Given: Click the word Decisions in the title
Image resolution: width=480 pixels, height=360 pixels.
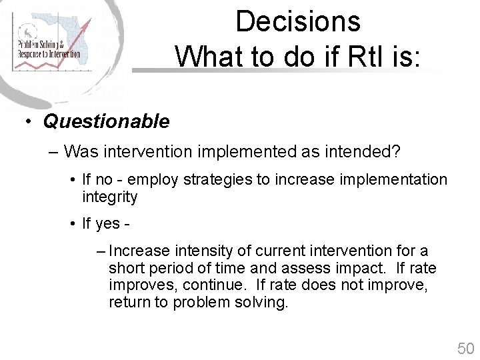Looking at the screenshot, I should coord(298,21).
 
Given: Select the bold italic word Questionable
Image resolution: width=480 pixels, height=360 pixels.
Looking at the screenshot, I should coord(106,121).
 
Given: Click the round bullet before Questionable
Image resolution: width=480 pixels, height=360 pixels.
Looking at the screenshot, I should coord(29,122).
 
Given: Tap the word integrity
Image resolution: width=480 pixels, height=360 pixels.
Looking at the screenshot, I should coord(109,197).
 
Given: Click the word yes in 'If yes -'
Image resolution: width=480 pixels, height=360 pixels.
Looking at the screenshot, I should coord(107,224).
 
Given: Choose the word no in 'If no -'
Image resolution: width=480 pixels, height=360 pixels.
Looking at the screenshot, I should coord(104,179).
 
